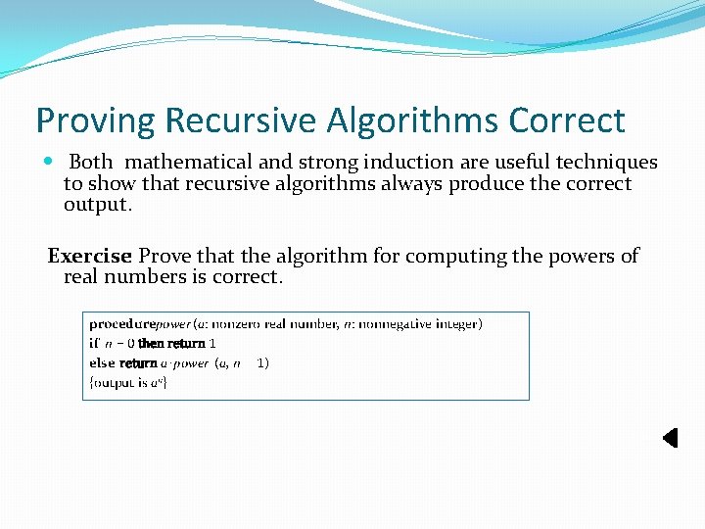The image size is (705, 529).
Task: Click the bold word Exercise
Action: [x=89, y=257]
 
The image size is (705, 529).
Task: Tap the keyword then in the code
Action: [x=151, y=344]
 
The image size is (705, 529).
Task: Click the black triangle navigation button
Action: [x=670, y=438]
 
